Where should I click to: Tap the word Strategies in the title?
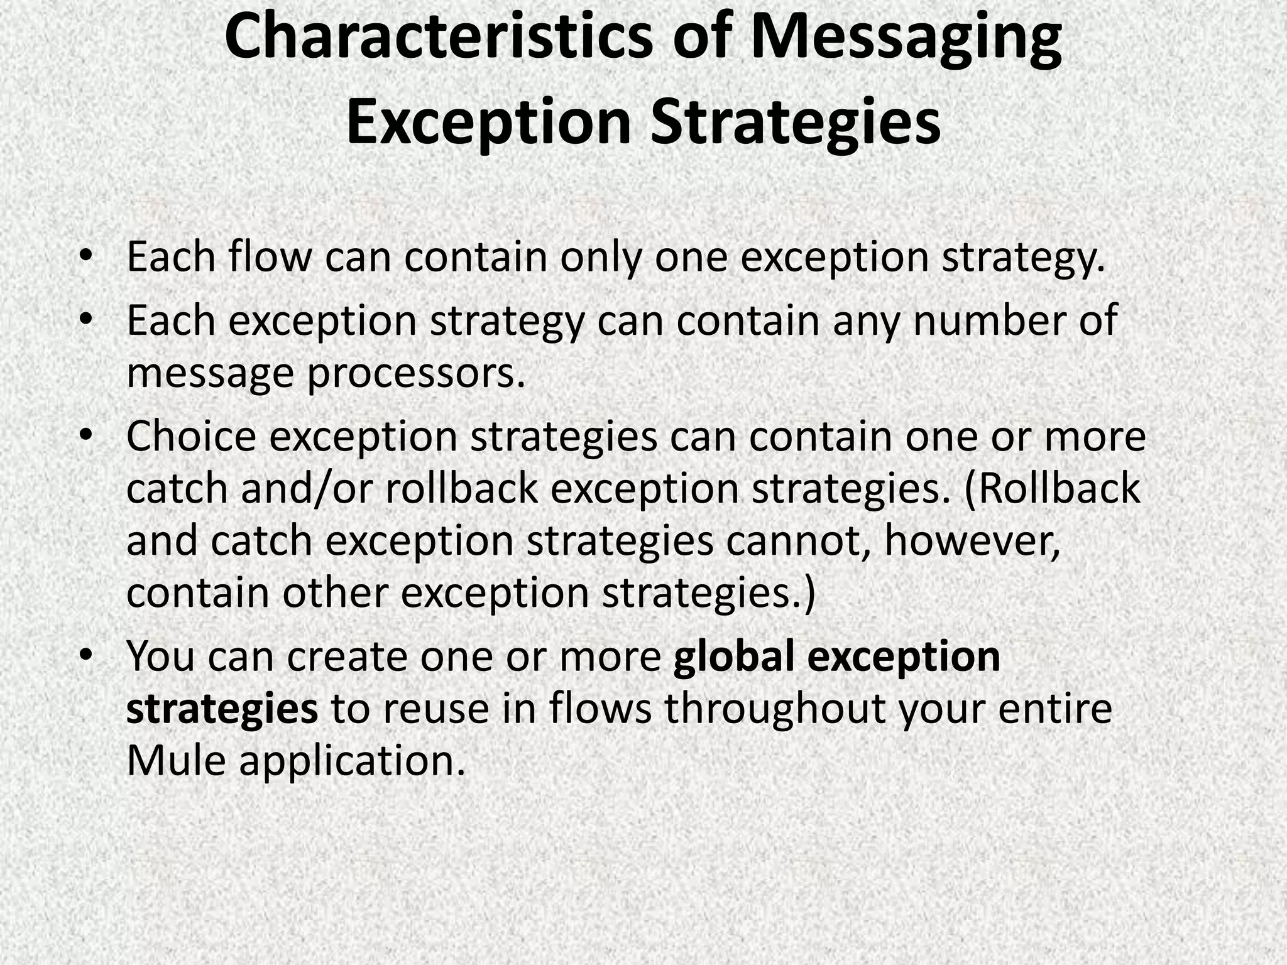click(x=795, y=121)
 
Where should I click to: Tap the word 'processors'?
click(x=415, y=373)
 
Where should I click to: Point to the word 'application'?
click(x=353, y=762)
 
